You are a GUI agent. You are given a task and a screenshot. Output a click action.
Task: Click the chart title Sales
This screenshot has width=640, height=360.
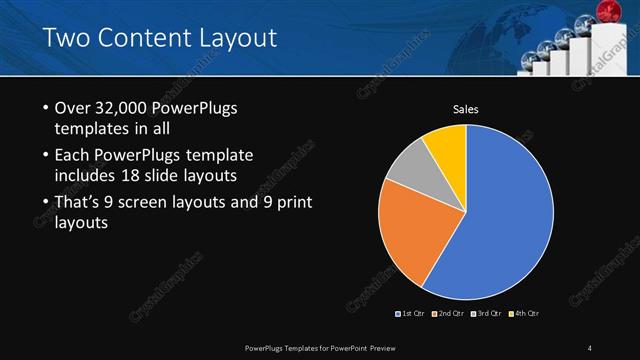click(466, 109)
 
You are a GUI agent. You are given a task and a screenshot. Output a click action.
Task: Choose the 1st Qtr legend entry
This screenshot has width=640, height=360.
click(412, 314)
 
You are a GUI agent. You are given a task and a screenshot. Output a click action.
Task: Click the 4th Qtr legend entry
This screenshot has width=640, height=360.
click(526, 314)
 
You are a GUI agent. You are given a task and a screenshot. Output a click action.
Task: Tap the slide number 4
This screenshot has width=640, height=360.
click(590, 347)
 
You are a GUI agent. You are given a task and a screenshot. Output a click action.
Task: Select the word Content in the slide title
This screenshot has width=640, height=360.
click(140, 39)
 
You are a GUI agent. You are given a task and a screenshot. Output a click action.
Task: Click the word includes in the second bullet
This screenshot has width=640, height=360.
click(87, 176)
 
